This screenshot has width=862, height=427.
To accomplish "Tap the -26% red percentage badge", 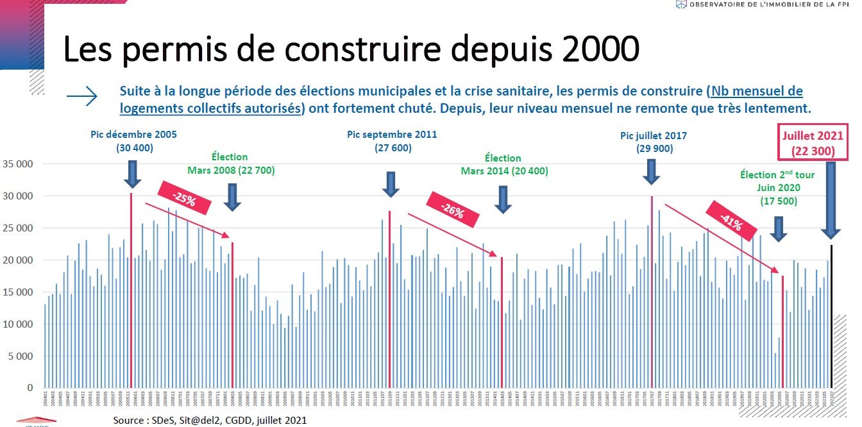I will tap(452, 210).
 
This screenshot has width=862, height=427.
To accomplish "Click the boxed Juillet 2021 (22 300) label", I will tap(813, 144).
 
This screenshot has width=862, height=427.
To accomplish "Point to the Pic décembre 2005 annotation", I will tap(134, 141).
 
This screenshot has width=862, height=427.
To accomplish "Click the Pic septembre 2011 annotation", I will tap(392, 141).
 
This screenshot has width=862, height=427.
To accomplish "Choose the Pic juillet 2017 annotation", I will tap(654, 142).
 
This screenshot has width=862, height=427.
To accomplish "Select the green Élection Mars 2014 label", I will tap(503, 164).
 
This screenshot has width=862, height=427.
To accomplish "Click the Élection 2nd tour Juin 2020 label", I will tap(779, 187).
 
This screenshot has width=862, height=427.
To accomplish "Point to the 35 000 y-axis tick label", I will tap(19, 164).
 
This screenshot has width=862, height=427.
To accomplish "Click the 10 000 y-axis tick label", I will tap(19, 324).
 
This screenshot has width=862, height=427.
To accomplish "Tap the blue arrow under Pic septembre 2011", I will tap(391, 184).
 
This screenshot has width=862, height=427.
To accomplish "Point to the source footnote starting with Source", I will tap(210, 421).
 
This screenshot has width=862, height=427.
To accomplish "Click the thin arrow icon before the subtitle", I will tap(82, 97).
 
